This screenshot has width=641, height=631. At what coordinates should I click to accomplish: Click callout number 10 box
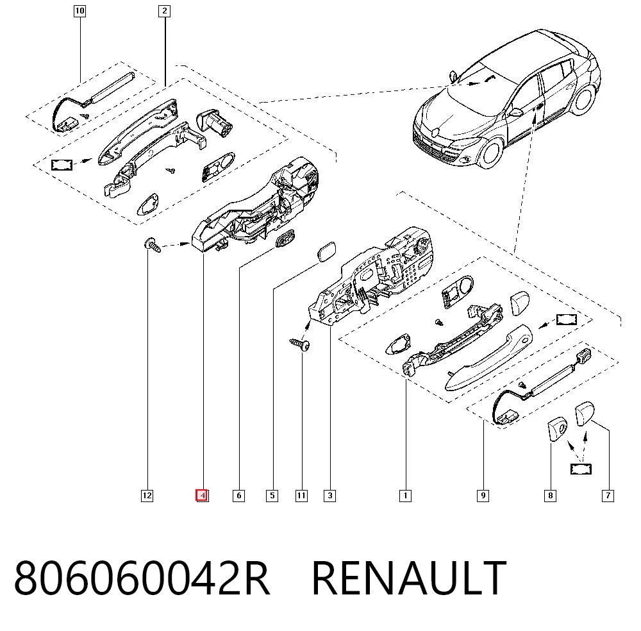[79, 11]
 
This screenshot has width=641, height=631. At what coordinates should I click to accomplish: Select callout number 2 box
[164, 11]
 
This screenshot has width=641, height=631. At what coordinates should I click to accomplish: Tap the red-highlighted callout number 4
[202, 496]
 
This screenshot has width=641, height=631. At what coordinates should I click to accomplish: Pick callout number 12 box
[147, 496]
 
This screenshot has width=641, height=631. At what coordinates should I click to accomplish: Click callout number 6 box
[238, 496]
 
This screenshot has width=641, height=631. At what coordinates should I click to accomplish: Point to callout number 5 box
[272, 496]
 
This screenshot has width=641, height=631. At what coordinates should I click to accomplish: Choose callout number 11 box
[301, 496]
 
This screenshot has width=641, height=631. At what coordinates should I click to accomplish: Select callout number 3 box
[329, 496]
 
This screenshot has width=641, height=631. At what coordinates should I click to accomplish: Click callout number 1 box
[405, 496]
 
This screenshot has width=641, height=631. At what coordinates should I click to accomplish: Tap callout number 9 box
[483, 496]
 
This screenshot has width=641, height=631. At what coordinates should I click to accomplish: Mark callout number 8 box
[550, 496]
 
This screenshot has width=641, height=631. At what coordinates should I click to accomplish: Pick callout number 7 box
[608, 496]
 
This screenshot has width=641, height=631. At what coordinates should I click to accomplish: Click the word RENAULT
[409, 578]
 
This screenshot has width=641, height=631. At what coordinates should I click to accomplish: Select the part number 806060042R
[142, 578]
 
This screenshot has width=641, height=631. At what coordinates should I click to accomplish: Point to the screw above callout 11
[299, 344]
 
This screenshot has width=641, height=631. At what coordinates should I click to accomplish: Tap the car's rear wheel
[582, 100]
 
